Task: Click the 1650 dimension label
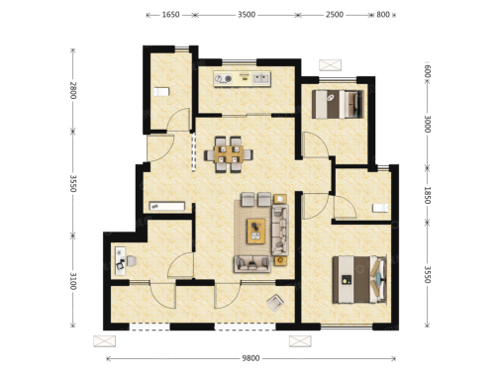[x=170, y=15]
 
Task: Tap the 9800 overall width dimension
[x=251, y=358]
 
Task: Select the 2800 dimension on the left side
[x=73, y=90]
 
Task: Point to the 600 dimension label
[x=427, y=71]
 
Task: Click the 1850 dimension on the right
[x=427, y=195]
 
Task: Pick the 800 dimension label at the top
[x=383, y=15]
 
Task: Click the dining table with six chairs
[x=229, y=154]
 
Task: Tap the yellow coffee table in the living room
[x=256, y=232]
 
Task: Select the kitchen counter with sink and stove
[x=242, y=79]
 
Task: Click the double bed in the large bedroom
[x=359, y=279]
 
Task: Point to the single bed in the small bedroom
[x=338, y=104]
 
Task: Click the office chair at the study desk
[x=131, y=261]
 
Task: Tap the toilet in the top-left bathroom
[x=161, y=92]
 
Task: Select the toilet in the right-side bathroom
[x=380, y=208]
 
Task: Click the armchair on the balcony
[x=275, y=303]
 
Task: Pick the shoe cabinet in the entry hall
[x=167, y=206]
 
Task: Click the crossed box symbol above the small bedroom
[x=330, y=65]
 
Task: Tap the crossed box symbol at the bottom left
[x=105, y=341]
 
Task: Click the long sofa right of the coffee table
[x=280, y=230]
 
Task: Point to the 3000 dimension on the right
[x=427, y=124]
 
